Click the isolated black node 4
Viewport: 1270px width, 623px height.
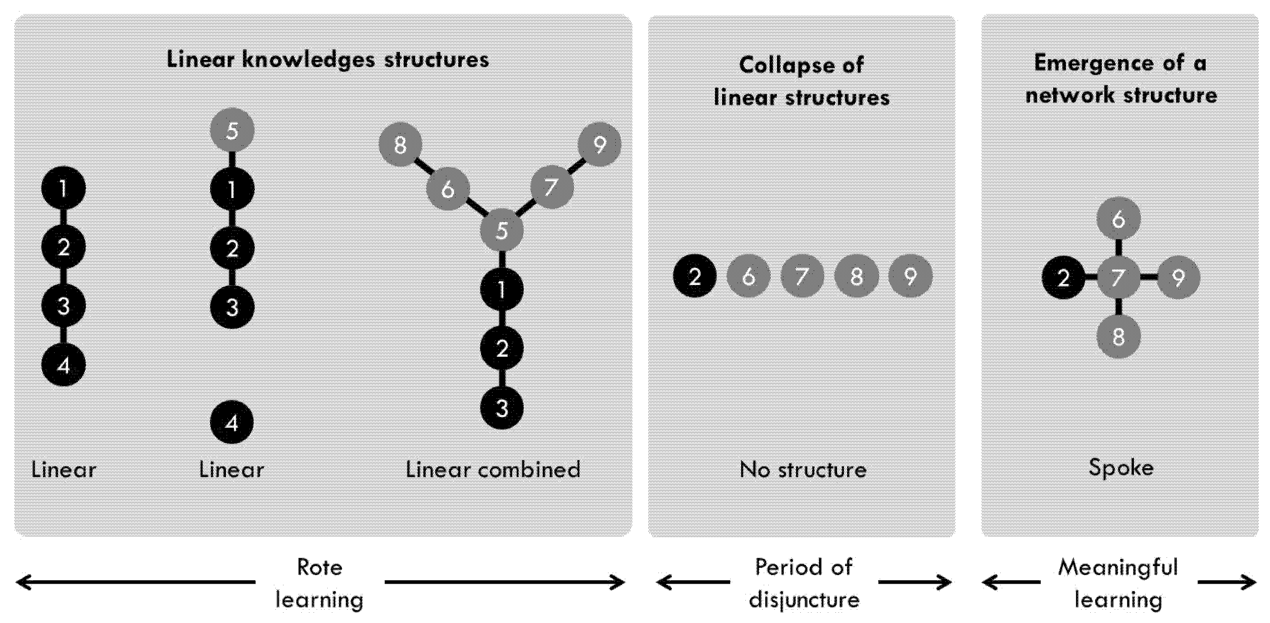232,422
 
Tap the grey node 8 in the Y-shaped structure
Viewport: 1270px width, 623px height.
400,145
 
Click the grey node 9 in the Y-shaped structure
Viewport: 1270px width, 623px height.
599,145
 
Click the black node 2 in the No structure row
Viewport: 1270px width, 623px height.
695,276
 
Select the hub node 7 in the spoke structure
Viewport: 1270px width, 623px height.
1118,277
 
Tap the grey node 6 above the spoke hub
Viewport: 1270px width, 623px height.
1118,218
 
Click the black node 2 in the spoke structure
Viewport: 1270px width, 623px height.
1064,277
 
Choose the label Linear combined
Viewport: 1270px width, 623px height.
493,469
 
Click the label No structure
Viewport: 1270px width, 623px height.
803,469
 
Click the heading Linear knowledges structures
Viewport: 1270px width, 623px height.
328,60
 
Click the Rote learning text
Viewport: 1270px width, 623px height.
319,583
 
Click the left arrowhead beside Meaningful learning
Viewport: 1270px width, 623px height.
989,583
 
